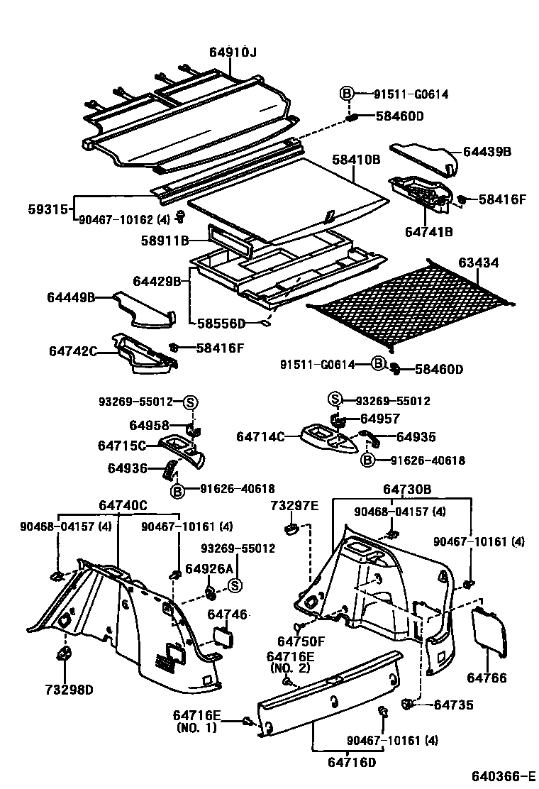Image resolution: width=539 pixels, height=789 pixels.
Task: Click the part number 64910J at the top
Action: click(233, 52)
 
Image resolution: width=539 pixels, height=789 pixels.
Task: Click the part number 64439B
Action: click(487, 152)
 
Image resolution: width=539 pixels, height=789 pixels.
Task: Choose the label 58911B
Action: click(165, 241)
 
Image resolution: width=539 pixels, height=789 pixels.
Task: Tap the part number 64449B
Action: click(71, 297)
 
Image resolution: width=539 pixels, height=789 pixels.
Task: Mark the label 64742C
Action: click(72, 351)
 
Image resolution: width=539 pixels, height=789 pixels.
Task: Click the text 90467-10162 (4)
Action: click(123, 219)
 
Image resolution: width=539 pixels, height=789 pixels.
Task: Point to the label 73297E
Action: click(294, 505)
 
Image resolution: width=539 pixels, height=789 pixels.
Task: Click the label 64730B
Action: click(407, 489)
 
